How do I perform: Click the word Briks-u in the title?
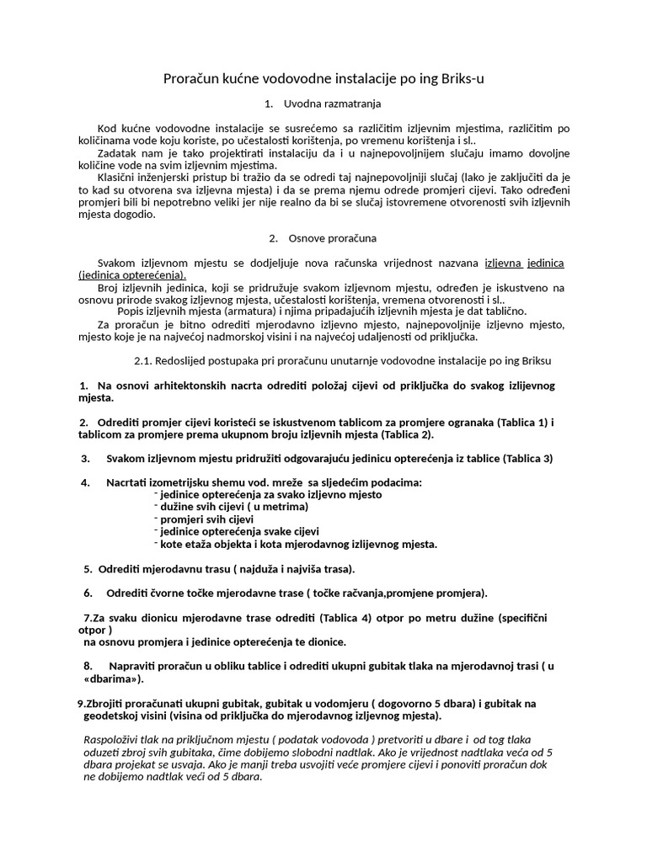(460, 78)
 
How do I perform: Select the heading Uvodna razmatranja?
(334, 104)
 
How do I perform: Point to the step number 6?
(88, 593)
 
